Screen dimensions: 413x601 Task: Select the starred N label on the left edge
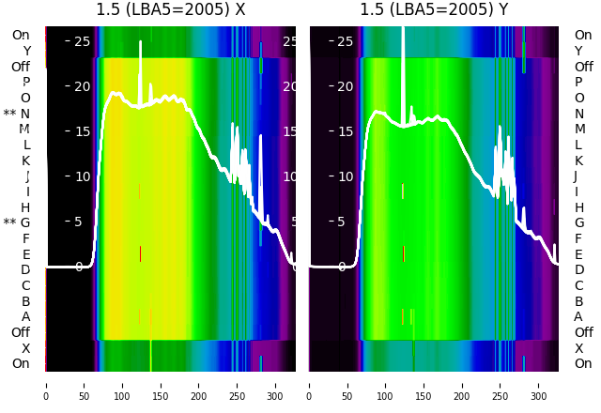[17, 114]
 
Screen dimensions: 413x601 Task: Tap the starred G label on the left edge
[17, 222]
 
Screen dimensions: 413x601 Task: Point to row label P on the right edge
[579, 83]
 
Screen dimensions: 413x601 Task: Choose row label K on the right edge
[579, 161]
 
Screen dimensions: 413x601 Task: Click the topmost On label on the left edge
[21, 36]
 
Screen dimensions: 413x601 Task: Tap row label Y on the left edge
[26, 52]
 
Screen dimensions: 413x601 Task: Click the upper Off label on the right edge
[583, 67]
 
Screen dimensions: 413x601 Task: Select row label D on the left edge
[25, 270]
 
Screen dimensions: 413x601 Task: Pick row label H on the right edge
[579, 207]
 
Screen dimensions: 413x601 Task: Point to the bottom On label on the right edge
[583, 364]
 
